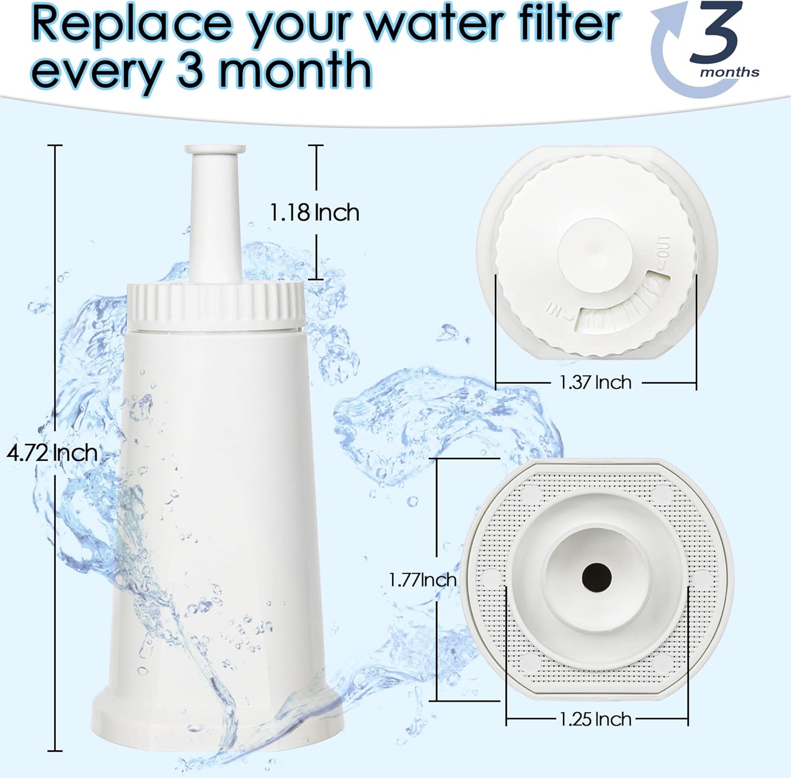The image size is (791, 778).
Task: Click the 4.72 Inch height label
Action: (x=52, y=453)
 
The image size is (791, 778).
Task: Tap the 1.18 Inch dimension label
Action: (x=315, y=212)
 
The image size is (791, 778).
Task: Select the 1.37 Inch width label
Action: (x=595, y=382)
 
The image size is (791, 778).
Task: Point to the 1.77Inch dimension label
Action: (x=422, y=580)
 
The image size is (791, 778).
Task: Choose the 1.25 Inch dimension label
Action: (x=595, y=718)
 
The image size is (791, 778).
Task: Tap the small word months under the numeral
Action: (x=730, y=72)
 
